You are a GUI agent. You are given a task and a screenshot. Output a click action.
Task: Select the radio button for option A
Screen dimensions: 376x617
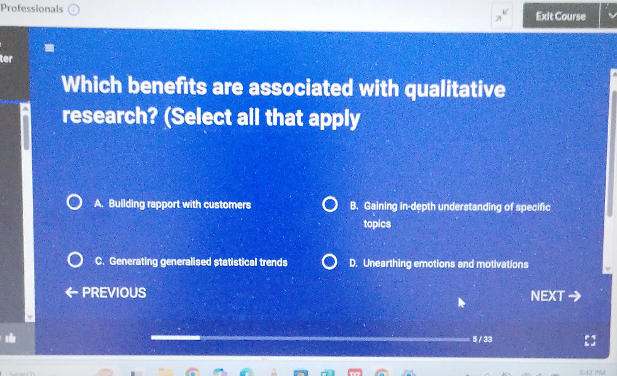(74, 204)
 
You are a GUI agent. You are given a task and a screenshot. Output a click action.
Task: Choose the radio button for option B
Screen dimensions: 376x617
(329, 206)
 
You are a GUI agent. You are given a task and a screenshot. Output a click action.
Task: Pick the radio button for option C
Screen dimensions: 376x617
(75, 261)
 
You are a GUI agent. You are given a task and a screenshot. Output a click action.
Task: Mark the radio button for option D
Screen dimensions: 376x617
(329, 263)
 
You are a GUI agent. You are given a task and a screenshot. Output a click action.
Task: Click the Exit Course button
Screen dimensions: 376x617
(560, 16)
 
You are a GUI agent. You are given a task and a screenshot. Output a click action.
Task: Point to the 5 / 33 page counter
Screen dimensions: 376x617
(482, 339)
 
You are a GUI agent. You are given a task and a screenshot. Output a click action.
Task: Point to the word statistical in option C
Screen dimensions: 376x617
(236, 262)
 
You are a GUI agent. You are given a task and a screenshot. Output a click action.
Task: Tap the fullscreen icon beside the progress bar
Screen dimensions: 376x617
(589, 340)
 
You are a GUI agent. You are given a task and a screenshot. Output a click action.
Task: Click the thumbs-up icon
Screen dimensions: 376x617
(10, 338)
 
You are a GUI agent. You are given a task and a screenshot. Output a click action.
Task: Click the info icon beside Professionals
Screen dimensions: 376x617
(73, 9)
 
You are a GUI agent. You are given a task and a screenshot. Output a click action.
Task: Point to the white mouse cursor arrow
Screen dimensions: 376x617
(461, 303)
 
